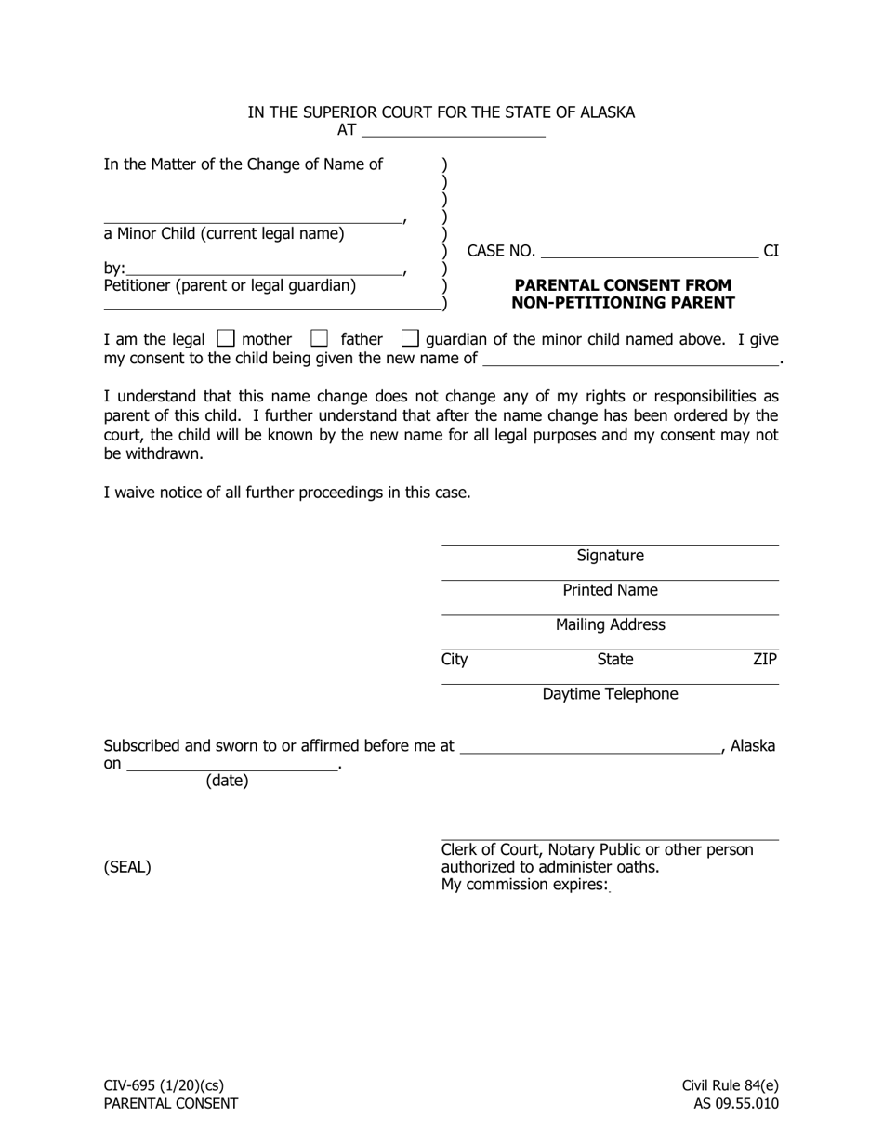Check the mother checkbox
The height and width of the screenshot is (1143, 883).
(225, 339)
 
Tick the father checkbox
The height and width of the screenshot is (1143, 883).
(319, 339)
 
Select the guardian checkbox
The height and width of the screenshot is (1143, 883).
(410, 339)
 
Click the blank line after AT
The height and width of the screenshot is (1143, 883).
(452, 130)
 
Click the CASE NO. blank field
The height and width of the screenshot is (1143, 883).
(649, 250)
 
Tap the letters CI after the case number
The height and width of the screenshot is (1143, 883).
(771, 251)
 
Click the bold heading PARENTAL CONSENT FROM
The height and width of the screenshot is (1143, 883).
(623, 285)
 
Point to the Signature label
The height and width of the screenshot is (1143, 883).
(610, 556)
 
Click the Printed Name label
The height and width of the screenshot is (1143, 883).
(610, 590)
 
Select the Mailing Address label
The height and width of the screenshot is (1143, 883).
(610, 624)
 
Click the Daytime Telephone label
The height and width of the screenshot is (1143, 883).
(610, 694)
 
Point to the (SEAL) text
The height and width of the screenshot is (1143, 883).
(127, 868)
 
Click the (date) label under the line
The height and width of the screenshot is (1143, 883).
(227, 781)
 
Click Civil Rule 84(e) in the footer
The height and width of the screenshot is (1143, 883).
(730, 1085)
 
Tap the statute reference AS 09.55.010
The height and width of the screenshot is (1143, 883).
(735, 1104)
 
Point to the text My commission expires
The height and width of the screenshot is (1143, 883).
(524, 885)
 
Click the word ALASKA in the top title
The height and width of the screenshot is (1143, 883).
(608, 112)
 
